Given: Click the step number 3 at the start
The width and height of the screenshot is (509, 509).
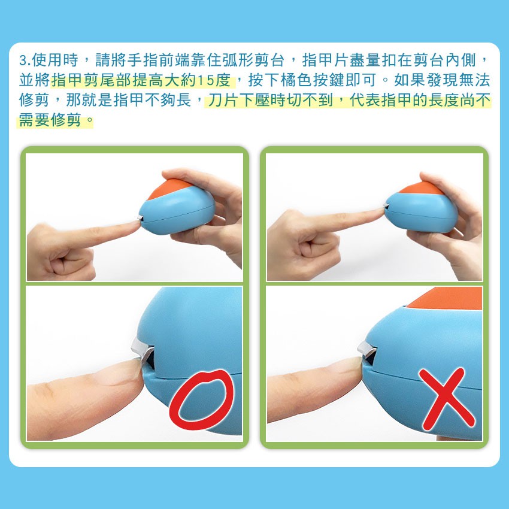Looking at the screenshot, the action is [x=23, y=60].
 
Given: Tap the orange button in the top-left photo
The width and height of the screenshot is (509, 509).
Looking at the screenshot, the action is [x=169, y=189].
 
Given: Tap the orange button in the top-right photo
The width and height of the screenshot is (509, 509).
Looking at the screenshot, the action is [x=421, y=188].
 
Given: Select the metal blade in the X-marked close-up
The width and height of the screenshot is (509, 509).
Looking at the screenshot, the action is [x=367, y=349].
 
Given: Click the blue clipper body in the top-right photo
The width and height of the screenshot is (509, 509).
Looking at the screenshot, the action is [x=422, y=213].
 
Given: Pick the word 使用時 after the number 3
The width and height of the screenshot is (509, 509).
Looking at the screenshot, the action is [x=55, y=60].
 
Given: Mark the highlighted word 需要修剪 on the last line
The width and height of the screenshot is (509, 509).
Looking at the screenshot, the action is [x=50, y=120].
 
